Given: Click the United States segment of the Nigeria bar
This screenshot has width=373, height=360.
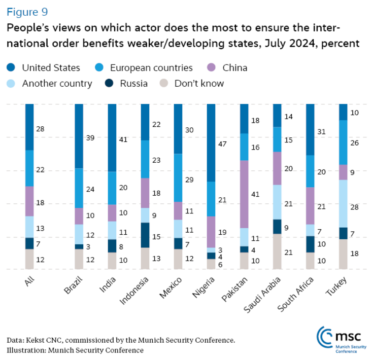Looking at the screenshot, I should pyautogui.click(x=211, y=142).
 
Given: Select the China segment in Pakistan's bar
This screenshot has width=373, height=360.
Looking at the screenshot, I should pyautogui.click(x=244, y=194).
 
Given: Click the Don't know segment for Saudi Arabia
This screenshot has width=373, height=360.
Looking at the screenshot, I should pyautogui.click(x=277, y=251).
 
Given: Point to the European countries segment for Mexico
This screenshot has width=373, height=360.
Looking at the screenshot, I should pyautogui.click(x=178, y=177).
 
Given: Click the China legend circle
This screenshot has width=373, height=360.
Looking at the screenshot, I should pyautogui.click(x=213, y=67).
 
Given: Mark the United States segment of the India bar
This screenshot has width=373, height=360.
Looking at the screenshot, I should pyautogui.click(x=112, y=137).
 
